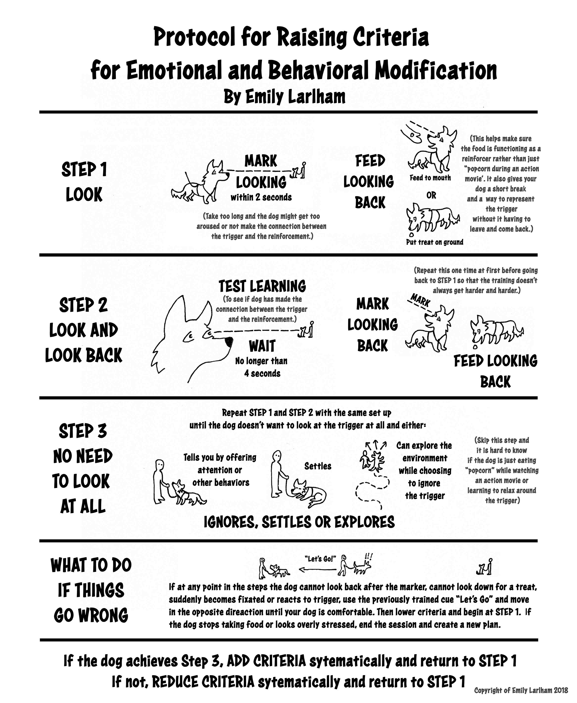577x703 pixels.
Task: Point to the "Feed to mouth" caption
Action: click(x=430, y=178)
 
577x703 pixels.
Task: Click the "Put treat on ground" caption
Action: click(x=434, y=242)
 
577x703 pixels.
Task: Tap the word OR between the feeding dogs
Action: click(x=431, y=196)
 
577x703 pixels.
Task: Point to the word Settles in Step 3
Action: click(x=318, y=466)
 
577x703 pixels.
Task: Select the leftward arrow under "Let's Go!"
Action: click(x=317, y=570)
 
